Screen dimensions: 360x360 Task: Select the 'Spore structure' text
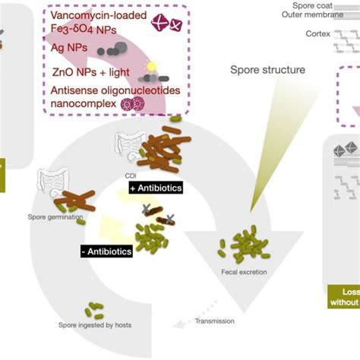(268, 70)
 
